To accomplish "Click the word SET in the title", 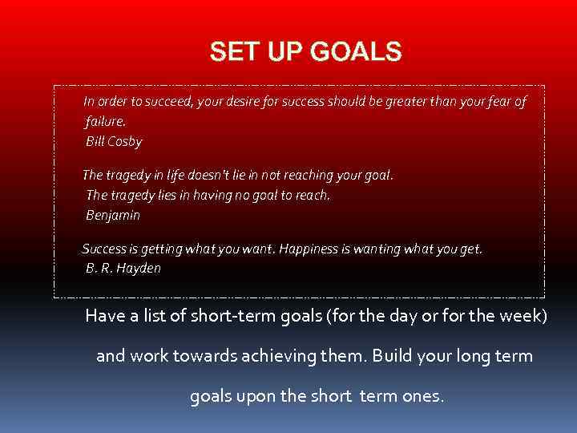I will pyautogui.click(x=228, y=52).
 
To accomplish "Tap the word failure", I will pyautogui.click(x=105, y=121).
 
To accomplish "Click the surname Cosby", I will pyautogui.click(x=124, y=142).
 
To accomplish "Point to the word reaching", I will pyautogui.click(x=314, y=174).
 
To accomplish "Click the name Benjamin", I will pyautogui.click(x=113, y=215).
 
